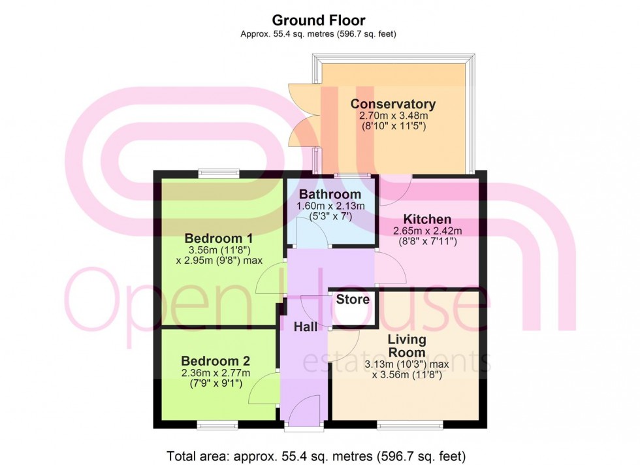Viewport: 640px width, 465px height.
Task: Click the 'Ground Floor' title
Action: pos(319,21)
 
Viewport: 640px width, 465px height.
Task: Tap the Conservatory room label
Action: pos(392,104)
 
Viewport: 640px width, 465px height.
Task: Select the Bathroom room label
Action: pos(330,195)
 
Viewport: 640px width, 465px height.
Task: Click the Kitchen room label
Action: pos(426,219)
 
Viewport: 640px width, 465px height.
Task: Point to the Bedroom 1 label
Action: pos(219,238)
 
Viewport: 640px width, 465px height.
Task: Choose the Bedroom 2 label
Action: pos(216,361)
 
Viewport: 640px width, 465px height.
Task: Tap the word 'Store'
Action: pos(353,300)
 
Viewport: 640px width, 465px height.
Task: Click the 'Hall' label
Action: pos(305,327)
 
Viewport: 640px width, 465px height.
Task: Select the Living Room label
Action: pos(407,345)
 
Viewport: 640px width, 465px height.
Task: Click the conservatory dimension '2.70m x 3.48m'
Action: pos(392,116)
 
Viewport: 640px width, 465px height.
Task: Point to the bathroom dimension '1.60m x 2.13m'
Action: pos(330,206)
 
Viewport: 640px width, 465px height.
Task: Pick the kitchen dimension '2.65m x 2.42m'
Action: pos(427,231)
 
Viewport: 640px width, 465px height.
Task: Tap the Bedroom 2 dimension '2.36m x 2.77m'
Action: pos(216,373)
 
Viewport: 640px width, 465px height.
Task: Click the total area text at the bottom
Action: pos(317,455)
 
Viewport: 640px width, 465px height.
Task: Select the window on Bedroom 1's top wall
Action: pos(219,174)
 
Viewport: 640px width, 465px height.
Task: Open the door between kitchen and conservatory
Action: pos(396,183)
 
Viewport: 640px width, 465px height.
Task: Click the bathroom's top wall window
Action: pos(353,175)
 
